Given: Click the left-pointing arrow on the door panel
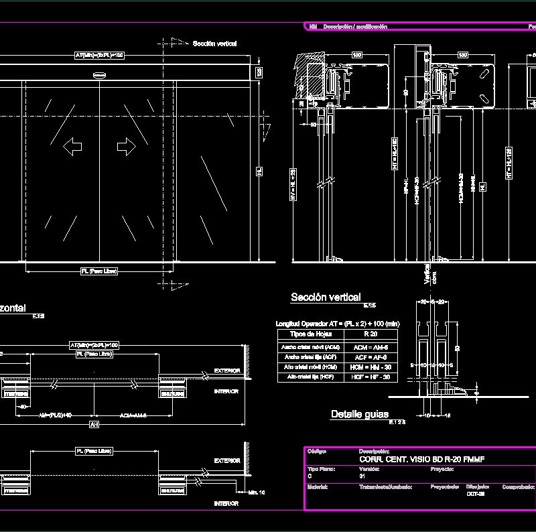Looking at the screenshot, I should click(72, 147).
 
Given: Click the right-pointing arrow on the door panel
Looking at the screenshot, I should click(126, 147).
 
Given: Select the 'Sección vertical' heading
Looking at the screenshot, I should click(326, 297).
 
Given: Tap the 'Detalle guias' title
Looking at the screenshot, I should click(360, 415).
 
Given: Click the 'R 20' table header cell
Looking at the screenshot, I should click(371, 334).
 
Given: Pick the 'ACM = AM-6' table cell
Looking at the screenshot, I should click(371, 347).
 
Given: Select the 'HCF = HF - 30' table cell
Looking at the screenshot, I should click(371, 377).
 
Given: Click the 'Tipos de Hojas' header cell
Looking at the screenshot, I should click(310, 334).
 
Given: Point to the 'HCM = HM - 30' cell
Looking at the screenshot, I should click(371, 367).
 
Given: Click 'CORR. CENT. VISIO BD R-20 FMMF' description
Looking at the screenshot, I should click(421, 459).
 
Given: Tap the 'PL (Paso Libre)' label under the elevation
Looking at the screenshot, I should click(99, 271).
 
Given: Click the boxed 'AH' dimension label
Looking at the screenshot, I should click(94, 425).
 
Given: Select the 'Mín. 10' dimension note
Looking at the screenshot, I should click(256, 493).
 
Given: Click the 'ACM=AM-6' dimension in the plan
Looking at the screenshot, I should click(133, 415).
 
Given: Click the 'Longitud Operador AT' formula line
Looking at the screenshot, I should click(337, 324).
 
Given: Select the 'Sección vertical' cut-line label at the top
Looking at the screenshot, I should click(214, 44).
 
